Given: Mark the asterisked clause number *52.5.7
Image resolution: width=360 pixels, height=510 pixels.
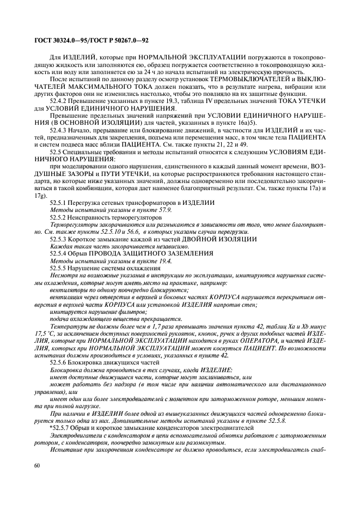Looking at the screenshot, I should pos(60,427).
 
